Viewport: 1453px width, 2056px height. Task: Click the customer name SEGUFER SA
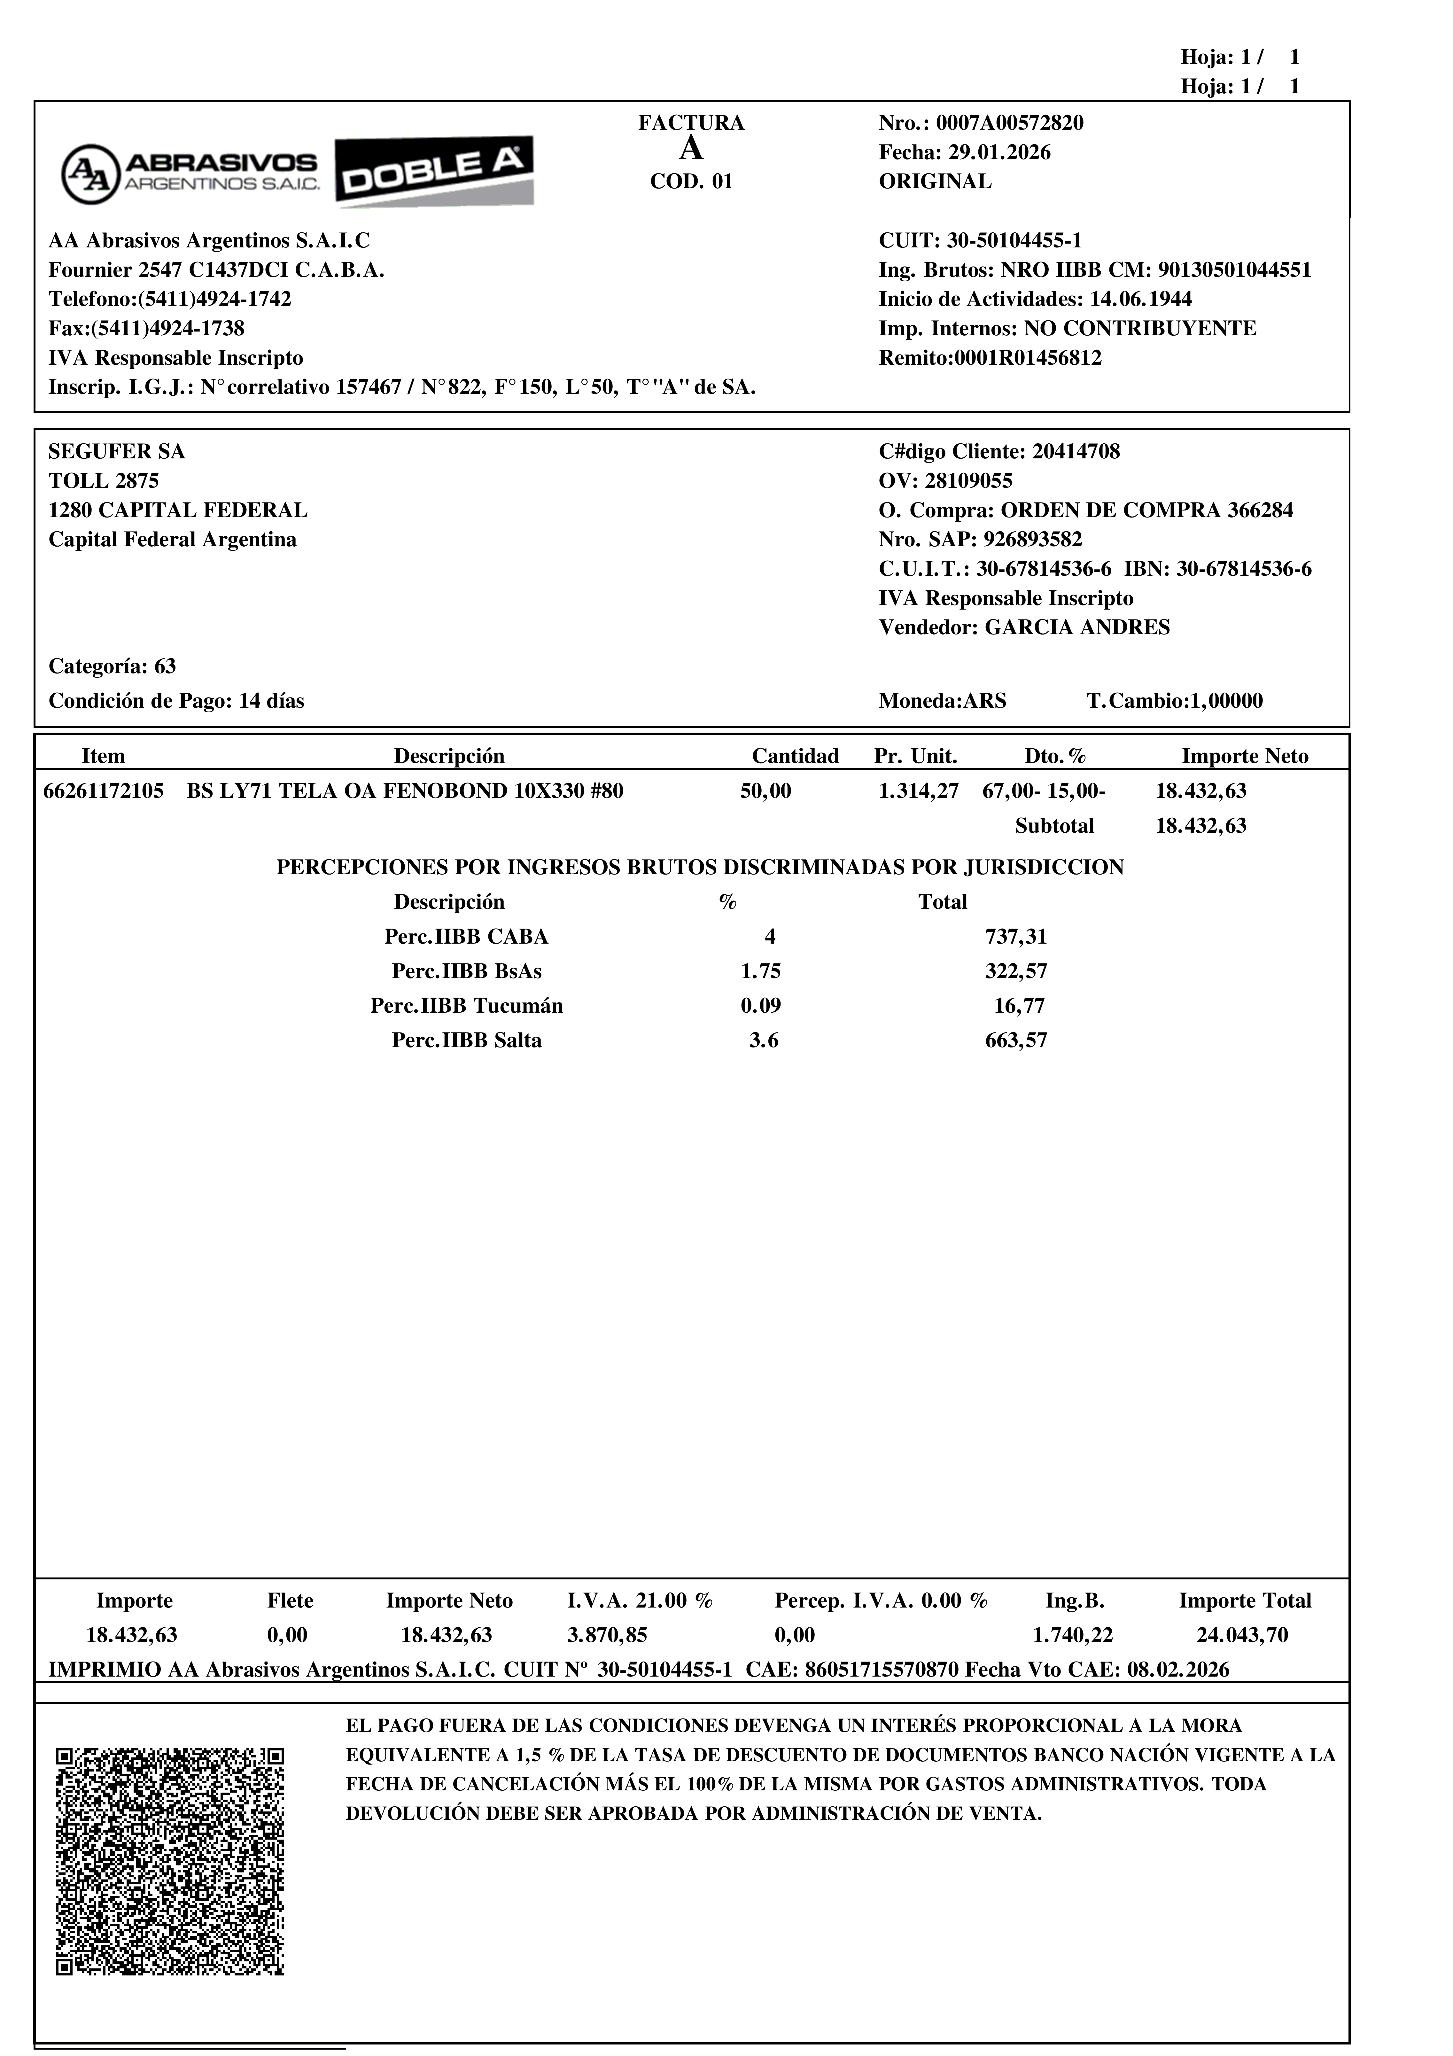(116, 451)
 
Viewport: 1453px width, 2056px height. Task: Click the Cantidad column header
(795, 757)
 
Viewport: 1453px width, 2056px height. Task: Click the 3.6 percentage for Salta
(764, 1040)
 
